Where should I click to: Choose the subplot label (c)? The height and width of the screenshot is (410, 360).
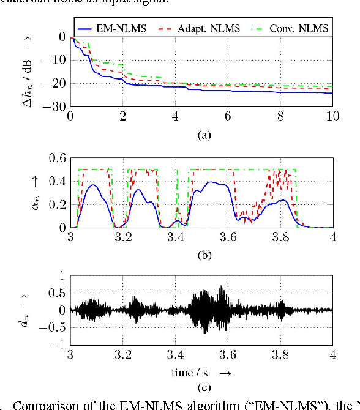coord(202,386)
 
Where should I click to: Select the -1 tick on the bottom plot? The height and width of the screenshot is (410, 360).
coord(59,346)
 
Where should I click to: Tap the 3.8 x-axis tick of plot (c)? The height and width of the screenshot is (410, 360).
coord(280,355)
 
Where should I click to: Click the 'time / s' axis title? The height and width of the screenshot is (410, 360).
coord(193,371)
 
